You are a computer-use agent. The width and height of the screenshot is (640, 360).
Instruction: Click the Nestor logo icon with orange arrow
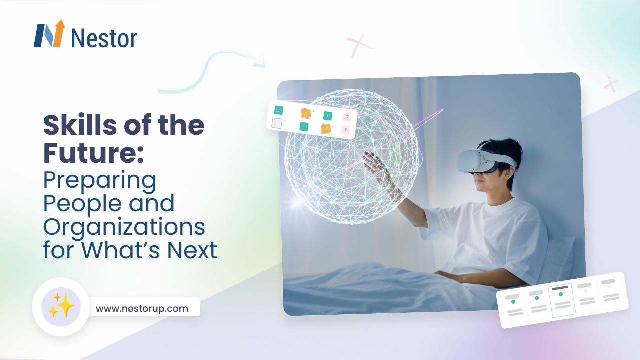click(x=49, y=34)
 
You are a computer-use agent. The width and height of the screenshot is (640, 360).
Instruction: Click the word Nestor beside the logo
click(x=104, y=38)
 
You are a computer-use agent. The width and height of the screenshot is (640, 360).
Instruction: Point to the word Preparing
click(x=100, y=180)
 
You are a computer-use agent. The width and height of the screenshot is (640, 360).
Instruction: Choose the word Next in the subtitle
click(x=192, y=250)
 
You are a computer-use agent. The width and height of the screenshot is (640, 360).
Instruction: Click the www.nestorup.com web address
click(x=142, y=308)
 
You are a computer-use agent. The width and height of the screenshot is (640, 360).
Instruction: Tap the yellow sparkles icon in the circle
click(x=61, y=306)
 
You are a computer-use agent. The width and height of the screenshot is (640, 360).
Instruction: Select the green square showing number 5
click(x=278, y=110)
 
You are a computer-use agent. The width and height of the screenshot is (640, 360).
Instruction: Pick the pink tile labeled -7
click(x=347, y=117)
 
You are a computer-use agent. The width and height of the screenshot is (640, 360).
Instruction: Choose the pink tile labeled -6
click(x=345, y=130)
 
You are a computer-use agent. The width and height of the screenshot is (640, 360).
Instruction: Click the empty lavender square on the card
click(x=277, y=123)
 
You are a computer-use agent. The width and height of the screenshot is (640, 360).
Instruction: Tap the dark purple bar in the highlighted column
click(x=560, y=288)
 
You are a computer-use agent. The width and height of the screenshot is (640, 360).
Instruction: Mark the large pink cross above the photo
click(x=360, y=45)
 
